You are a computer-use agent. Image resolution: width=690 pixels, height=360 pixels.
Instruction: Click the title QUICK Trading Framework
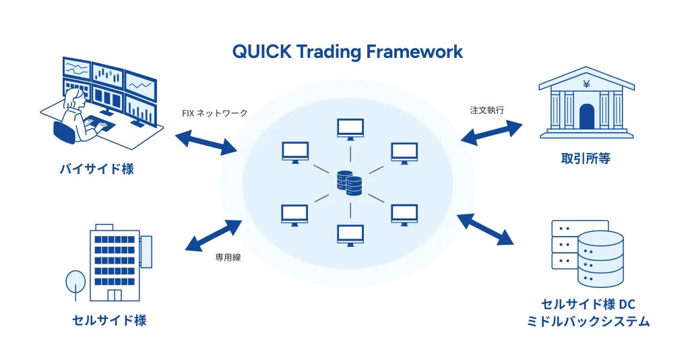pos(348,52)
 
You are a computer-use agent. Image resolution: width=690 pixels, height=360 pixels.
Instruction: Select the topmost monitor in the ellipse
pos(350,128)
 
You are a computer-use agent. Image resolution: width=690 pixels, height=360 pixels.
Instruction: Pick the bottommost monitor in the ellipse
pos(350,233)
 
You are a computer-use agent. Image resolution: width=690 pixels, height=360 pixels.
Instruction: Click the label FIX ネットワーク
pos(214,113)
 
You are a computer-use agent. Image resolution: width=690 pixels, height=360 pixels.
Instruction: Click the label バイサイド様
pos(96,169)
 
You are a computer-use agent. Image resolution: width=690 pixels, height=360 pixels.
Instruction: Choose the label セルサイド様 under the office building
pos(109,320)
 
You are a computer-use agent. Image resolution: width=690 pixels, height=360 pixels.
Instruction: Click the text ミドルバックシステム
pos(588,322)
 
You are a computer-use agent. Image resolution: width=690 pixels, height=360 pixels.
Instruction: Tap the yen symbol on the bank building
pos(586,85)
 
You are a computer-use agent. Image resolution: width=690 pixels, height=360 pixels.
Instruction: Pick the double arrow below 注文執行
pos(492,133)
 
